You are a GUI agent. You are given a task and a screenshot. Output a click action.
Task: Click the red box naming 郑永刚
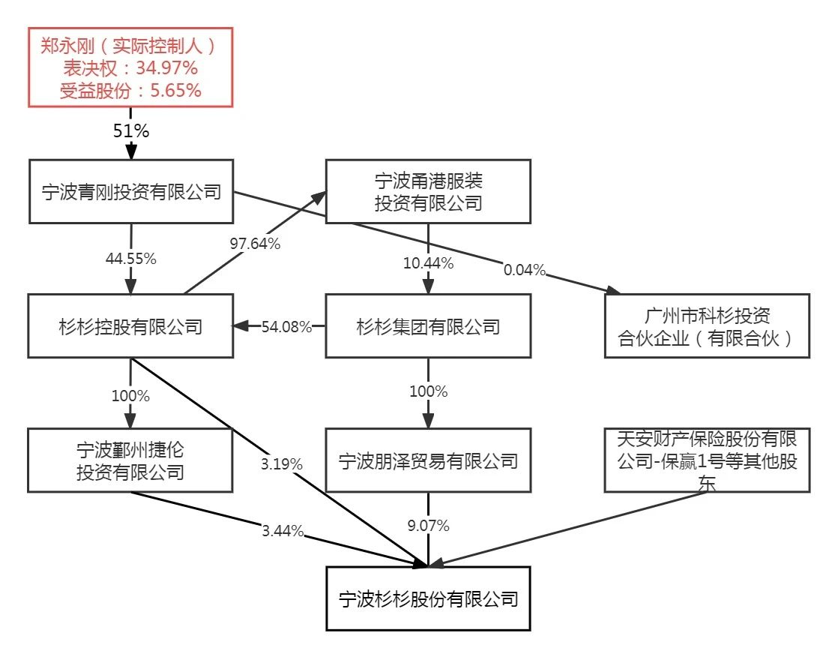pos(130,67)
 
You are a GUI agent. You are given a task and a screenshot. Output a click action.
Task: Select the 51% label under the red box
pos(131,130)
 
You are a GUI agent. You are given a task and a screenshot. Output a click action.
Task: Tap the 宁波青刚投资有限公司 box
pos(131,191)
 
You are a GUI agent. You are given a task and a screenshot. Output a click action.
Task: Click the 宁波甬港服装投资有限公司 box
pos(428,191)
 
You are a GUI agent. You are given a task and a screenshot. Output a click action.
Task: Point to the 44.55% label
pos(130,259)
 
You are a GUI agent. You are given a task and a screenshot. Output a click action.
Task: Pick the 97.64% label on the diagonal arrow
pos(255,244)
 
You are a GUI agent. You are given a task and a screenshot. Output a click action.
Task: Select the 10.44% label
pos(428,263)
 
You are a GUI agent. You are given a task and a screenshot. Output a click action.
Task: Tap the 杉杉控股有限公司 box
pos(131,326)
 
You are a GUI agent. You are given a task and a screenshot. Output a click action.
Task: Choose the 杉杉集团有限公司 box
pos(428,326)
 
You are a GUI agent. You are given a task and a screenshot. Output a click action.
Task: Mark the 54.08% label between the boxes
pos(286,327)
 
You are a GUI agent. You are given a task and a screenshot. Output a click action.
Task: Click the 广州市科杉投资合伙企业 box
pos(707,326)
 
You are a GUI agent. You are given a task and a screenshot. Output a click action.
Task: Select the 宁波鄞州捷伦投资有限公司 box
pos(131,460)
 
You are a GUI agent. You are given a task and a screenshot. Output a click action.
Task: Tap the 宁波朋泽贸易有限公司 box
pos(428,460)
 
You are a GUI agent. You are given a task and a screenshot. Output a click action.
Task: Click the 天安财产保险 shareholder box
pos(707,460)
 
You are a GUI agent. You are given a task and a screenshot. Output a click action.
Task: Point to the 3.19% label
pos(281,464)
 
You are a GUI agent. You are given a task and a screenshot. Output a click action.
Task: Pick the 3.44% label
pos(283,532)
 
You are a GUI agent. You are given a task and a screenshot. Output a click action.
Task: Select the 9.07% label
pos(428,526)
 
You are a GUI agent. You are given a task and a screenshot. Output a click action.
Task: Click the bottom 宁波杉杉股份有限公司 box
pos(428,598)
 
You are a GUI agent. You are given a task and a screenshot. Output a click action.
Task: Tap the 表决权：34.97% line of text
pos(130,68)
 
